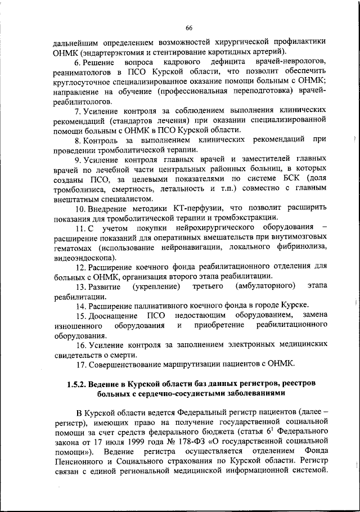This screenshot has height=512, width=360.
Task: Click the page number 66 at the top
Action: [189, 29]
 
